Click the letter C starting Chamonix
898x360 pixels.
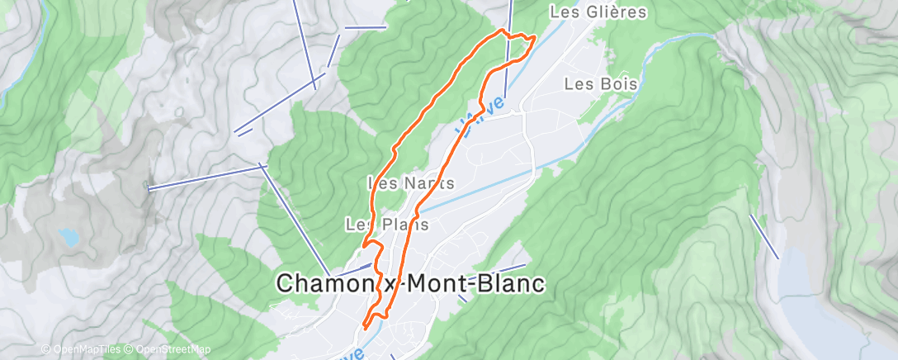(x=285, y=283)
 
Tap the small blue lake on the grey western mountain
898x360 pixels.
(x=69, y=238)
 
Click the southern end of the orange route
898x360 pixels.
(x=364, y=334)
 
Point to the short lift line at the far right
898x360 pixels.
(x=764, y=236)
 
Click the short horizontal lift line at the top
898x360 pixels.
(x=365, y=27)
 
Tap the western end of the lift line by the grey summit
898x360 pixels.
(x=149, y=189)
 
